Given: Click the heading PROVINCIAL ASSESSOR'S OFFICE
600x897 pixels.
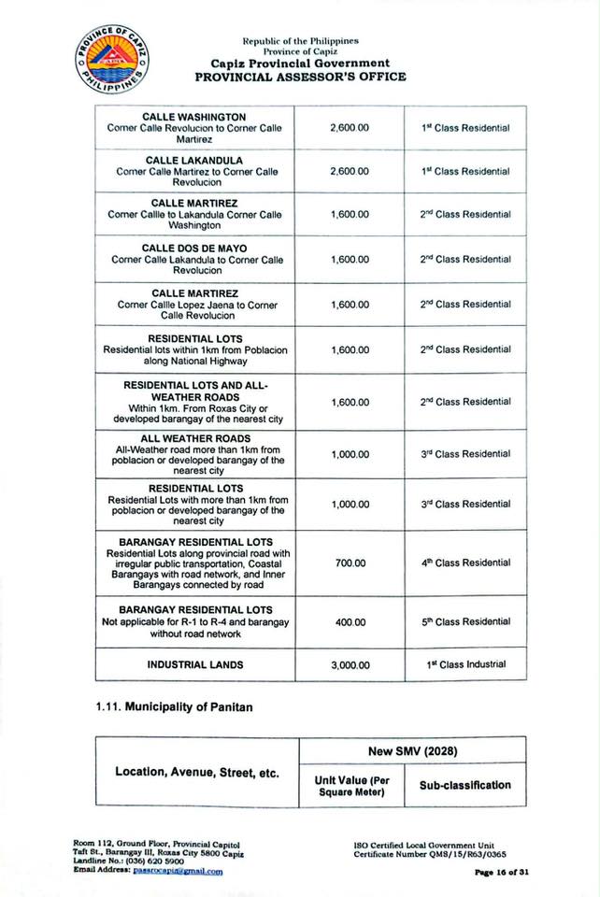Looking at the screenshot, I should (x=300, y=77).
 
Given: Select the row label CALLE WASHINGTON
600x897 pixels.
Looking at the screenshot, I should (x=193, y=117).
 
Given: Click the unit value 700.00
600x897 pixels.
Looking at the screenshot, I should (x=350, y=563).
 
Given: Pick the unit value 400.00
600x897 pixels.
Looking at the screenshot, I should (x=350, y=621).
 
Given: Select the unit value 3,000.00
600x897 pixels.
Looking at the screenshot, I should (x=350, y=665).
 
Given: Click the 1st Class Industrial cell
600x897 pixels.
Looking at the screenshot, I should (x=464, y=664).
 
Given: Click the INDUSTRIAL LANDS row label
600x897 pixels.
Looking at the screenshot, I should (x=195, y=665).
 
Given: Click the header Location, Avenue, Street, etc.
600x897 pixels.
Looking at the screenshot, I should (x=197, y=773).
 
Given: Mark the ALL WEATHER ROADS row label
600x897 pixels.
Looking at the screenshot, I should (x=195, y=438).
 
